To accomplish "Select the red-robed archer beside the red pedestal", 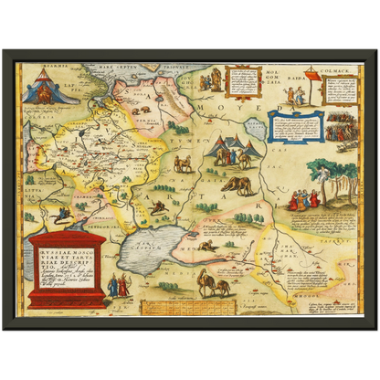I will click(125, 285).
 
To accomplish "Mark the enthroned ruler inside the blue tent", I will click(42, 90).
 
